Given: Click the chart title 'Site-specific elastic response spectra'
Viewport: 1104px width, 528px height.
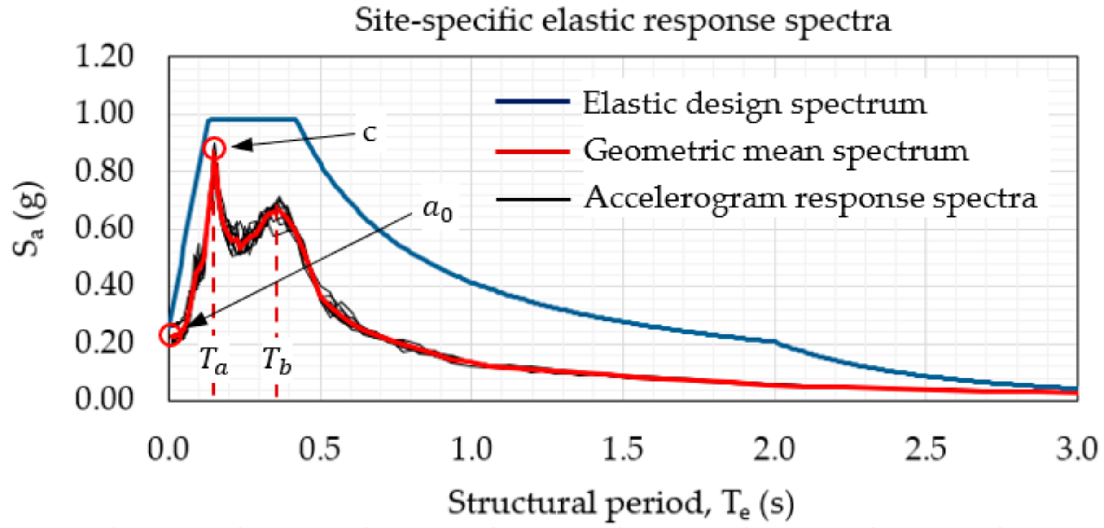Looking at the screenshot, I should point(622,22).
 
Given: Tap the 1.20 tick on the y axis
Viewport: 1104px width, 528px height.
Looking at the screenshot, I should point(104,57).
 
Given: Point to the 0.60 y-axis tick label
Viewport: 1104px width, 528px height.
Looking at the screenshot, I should point(104,228).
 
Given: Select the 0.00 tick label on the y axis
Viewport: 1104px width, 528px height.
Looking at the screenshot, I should point(104,399).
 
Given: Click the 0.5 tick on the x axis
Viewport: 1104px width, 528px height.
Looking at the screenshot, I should point(320,449).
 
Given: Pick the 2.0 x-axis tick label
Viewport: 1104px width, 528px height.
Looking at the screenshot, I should point(774,449).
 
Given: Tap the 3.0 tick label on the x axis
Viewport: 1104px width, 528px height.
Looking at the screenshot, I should point(1076,449).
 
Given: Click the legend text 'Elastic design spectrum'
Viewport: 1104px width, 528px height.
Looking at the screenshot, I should point(754,104).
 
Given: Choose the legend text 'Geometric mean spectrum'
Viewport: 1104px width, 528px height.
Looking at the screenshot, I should point(775,151).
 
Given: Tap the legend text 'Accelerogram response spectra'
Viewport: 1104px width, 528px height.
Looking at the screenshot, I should point(810,198).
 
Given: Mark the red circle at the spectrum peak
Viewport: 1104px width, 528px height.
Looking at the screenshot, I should point(215,148).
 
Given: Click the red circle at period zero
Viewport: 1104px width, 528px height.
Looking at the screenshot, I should point(171,335).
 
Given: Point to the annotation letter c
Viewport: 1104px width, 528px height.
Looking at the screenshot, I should point(369,133).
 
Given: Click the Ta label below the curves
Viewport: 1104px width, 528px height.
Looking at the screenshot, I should point(214,361).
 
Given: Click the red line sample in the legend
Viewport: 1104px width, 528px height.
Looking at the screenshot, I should point(533,152).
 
